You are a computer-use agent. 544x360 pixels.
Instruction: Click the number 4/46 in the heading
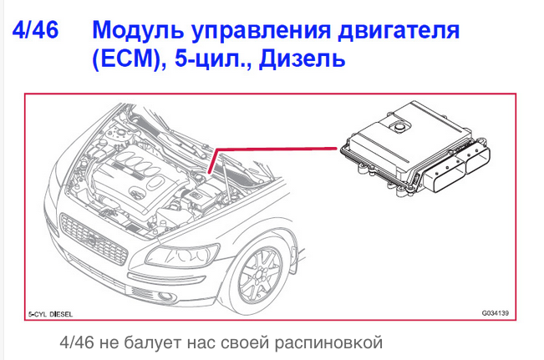35,30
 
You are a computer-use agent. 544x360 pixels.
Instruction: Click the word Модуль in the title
138,31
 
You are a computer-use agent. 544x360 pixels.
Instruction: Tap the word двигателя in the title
399,31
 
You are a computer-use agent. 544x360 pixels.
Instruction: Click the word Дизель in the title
303,58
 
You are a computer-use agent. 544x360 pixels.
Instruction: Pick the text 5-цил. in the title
212,58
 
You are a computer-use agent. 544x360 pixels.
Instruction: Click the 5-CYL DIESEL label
51,314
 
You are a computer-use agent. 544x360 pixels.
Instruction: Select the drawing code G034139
495,313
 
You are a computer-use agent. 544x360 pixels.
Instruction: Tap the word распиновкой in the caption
328,343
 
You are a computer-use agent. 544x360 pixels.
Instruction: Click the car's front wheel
257,276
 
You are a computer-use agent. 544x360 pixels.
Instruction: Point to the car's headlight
182,256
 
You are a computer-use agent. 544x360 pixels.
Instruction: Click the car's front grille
94,239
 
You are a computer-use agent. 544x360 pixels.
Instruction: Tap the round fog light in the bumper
164,296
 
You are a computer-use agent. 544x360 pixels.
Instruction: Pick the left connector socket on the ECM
444,177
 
